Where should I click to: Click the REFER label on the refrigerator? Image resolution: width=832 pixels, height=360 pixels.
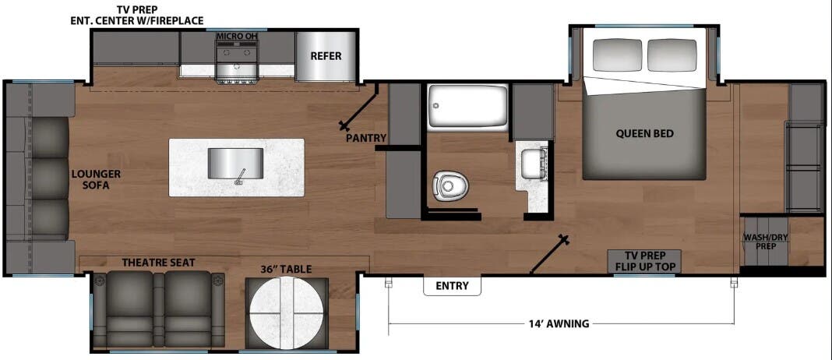pyautogui.click(x=326, y=56)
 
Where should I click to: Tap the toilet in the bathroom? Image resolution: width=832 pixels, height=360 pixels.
pyautogui.click(x=449, y=185)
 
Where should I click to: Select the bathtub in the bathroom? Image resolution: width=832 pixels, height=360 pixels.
pyautogui.click(x=468, y=106)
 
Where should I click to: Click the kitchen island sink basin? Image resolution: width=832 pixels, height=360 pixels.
pyautogui.click(x=235, y=165)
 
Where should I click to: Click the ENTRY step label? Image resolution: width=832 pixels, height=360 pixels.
pyautogui.click(x=452, y=286)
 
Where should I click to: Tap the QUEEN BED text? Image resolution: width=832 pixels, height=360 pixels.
pyautogui.click(x=645, y=133)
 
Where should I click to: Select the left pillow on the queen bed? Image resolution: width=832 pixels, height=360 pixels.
pyautogui.click(x=617, y=55)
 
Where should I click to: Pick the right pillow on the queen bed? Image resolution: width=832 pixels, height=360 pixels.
pyautogui.click(x=672, y=55)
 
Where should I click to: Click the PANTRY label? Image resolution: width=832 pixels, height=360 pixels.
pyautogui.click(x=366, y=138)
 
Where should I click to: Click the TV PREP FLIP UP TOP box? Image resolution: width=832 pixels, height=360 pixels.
pyautogui.click(x=645, y=261)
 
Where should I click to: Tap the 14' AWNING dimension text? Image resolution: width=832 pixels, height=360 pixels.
pyautogui.click(x=559, y=323)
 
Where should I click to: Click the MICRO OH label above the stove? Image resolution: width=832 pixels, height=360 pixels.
pyautogui.click(x=236, y=36)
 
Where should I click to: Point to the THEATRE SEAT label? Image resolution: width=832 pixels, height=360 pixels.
pyautogui.click(x=158, y=263)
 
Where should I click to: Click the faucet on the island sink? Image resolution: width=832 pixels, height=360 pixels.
pyautogui.click(x=241, y=176)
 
